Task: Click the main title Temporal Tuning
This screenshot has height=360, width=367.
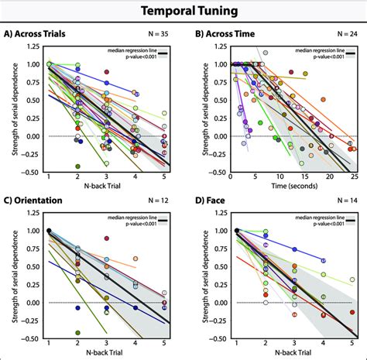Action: point(183,12)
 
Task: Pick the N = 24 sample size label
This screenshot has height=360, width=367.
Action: point(345,35)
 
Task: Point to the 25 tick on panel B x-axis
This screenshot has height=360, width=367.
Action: point(354,177)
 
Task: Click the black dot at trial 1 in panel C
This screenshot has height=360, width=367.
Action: point(49,231)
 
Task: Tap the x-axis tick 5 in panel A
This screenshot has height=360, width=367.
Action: point(164,177)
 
